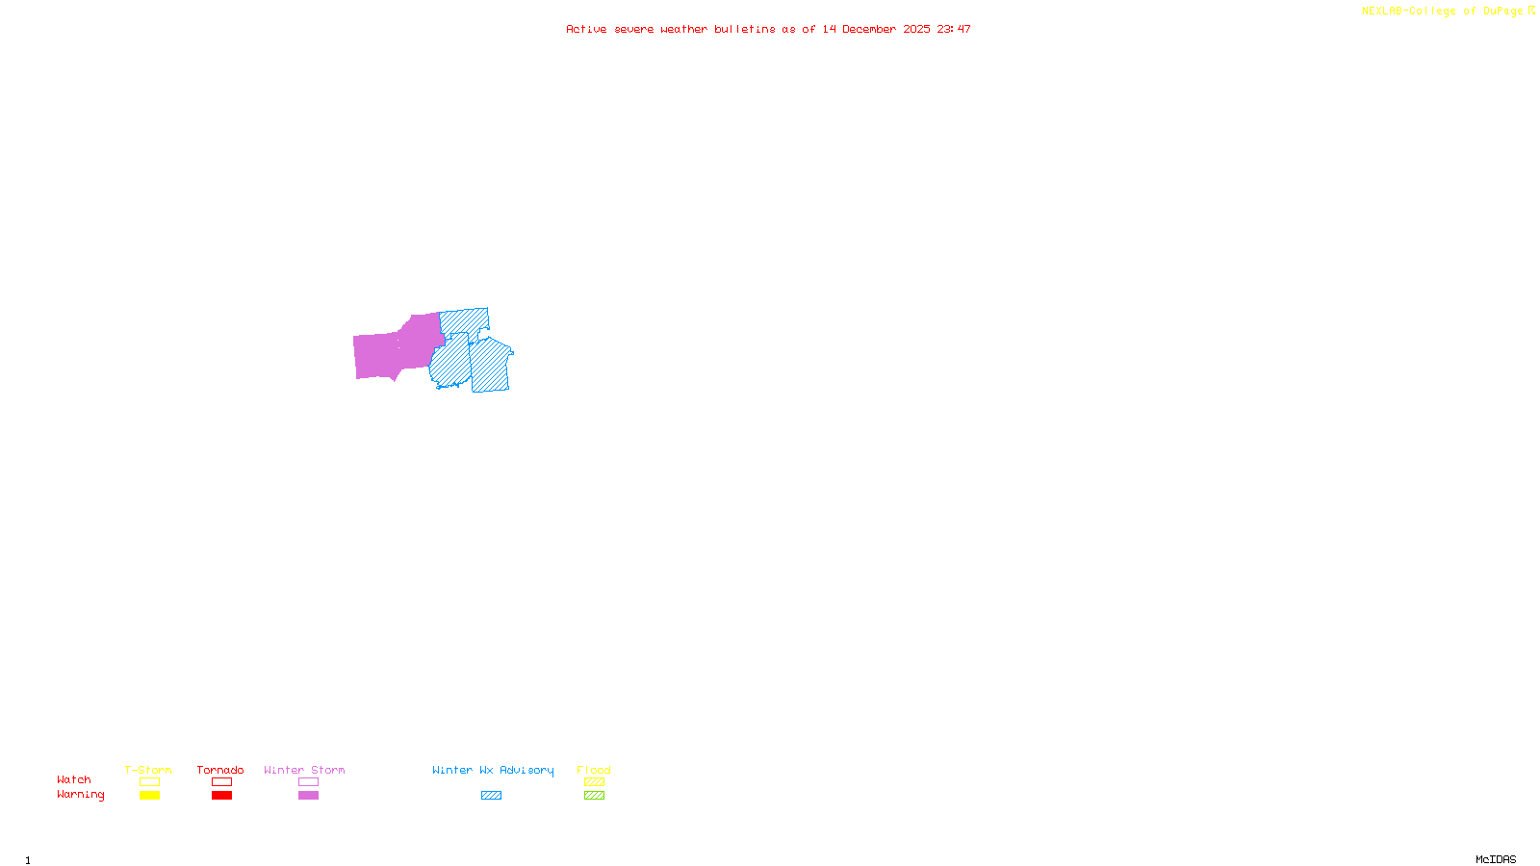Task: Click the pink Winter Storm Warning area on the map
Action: pos(395,348)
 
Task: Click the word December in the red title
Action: pos(869,29)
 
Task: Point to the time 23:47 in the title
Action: pos(954,29)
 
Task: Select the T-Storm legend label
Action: pos(148,770)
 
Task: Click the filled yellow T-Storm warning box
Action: pos(149,796)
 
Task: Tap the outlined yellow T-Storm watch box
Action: pos(149,782)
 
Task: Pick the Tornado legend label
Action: pos(220,770)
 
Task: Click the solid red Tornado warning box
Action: pos(222,796)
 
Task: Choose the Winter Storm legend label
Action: pos(304,770)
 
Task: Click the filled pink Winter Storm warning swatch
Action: pos(308,796)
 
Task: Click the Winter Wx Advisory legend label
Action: pos(493,770)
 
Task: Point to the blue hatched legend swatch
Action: pos(491,796)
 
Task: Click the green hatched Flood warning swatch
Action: pos(594,796)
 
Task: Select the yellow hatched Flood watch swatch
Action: pos(594,782)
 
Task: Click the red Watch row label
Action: pos(74,780)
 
